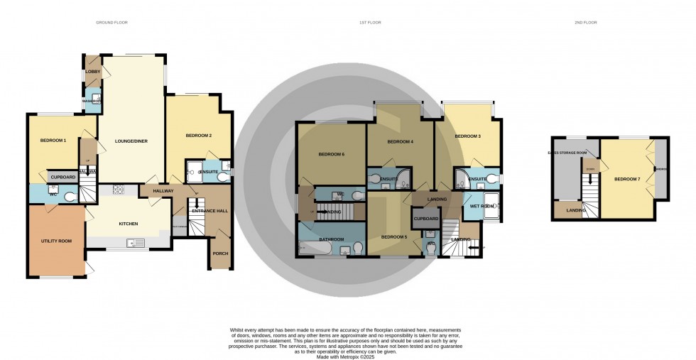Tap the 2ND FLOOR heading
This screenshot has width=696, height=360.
[586, 23]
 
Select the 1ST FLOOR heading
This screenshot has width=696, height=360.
[370, 23]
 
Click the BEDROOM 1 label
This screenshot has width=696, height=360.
[53, 141]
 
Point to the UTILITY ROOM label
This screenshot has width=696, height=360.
[56, 241]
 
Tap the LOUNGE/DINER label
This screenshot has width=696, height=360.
[131, 141]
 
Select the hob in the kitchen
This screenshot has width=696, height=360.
[119, 190]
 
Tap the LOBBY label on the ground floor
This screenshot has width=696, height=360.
[93, 72]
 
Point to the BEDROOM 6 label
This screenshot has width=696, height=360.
[331, 155]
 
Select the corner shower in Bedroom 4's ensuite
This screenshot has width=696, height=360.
[403, 178]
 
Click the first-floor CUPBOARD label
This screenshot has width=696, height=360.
[427, 219]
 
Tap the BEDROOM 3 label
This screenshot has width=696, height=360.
[468, 136]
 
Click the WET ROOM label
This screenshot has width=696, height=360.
[481, 206]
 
